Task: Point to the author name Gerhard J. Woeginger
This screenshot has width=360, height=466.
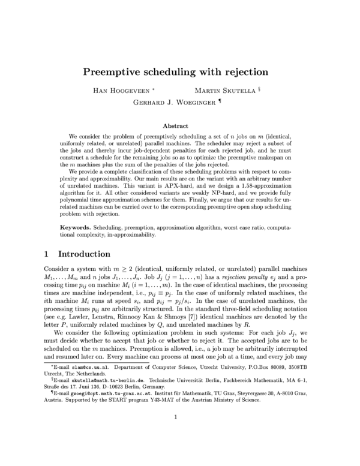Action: point(175,101)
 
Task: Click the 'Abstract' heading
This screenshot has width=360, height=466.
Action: point(179,127)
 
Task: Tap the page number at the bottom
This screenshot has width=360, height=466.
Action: point(179,434)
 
